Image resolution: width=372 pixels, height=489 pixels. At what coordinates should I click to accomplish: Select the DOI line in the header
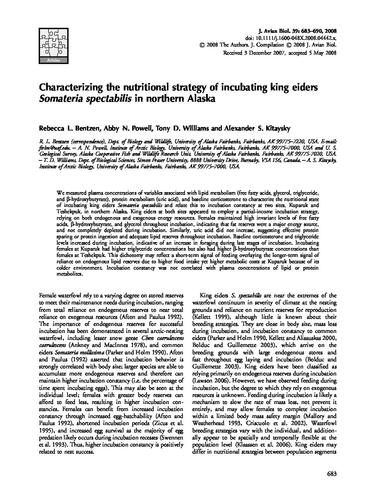pos(290,38)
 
